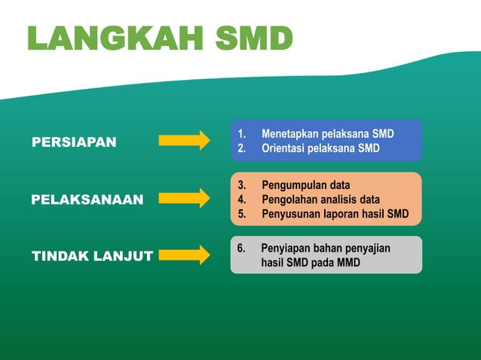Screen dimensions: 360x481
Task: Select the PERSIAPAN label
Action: coord(74,142)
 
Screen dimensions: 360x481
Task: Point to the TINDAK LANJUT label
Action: coord(92,256)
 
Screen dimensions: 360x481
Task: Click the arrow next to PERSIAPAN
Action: coord(184,141)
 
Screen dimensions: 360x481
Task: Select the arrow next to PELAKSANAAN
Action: coord(184,198)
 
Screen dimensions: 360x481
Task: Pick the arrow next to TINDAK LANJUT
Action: coord(184,255)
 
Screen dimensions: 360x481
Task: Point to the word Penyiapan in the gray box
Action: coord(286,248)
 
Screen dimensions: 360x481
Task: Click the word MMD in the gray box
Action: coord(348,263)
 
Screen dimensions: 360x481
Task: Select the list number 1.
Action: coord(241,134)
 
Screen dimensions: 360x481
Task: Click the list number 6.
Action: coord(241,248)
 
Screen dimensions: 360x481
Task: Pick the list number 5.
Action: coord(241,214)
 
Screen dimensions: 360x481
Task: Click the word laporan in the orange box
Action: coord(344,214)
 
